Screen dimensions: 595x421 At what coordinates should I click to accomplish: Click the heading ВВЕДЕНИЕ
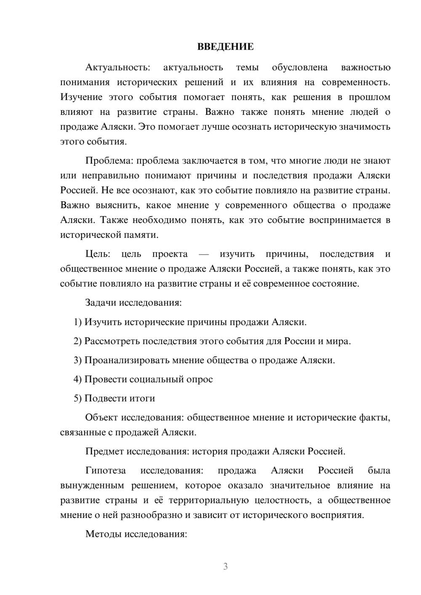tap(225, 47)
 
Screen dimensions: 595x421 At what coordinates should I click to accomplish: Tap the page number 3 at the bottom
tap(225, 566)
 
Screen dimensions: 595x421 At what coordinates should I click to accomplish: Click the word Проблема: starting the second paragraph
tap(109, 161)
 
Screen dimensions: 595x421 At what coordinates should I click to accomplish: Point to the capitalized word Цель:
tap(98, 254)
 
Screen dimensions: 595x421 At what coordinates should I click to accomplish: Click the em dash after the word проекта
tap(204, 254)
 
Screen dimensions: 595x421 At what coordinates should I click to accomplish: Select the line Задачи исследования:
tap(133, 303)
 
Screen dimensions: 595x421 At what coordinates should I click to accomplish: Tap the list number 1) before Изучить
tap(77, 322)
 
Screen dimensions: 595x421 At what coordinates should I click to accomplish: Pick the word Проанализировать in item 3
tap(125, 360)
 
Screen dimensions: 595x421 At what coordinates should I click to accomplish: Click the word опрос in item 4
tap(200, 379)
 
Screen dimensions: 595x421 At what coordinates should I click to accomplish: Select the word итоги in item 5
tap(143, 398)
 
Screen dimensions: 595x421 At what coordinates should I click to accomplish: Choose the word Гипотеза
tap(105, 470)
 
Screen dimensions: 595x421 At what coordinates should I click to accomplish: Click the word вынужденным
tap(93, 486)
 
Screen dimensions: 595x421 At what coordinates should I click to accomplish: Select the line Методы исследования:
tap(136, 534)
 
